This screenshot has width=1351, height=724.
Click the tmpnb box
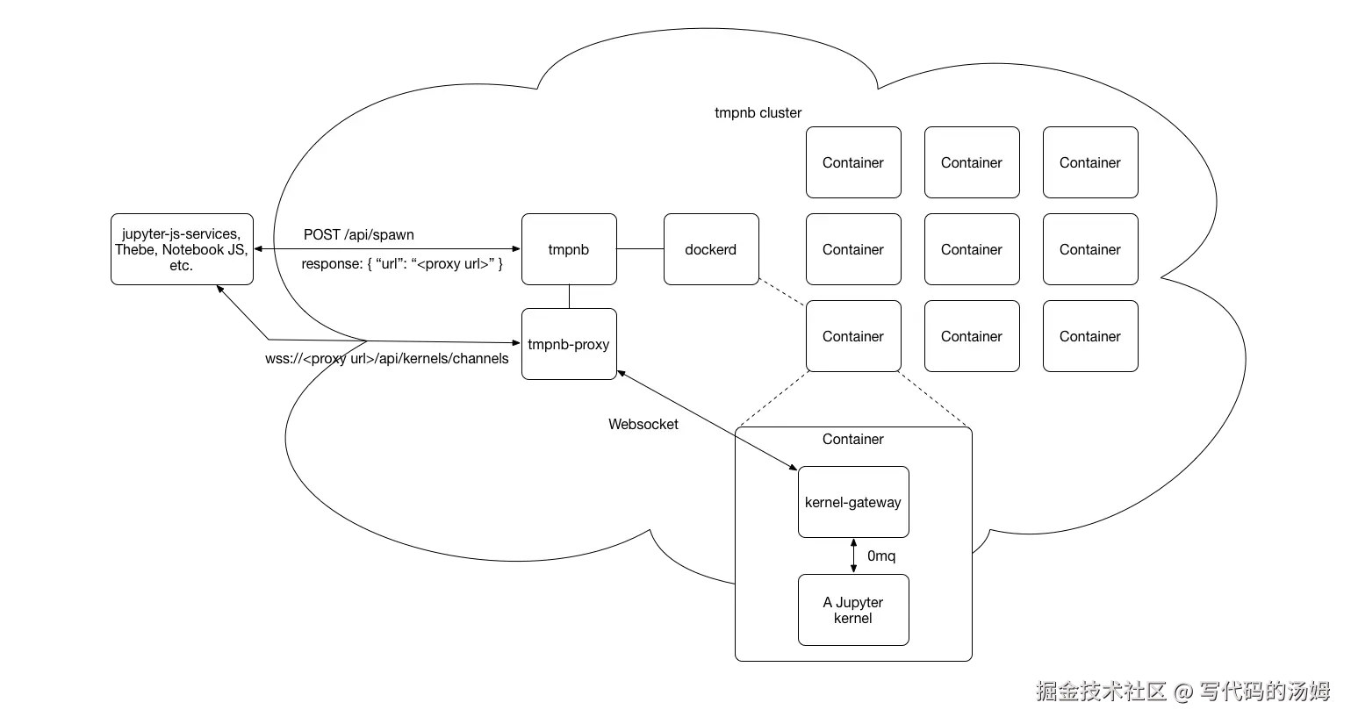(x=569, y=249)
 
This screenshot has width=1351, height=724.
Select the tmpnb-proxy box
(x=569, y=344)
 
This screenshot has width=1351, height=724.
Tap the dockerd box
(x=710, y=249)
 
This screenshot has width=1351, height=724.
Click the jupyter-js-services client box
(x=182, y=249)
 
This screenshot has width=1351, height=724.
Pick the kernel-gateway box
(x=852, y=502)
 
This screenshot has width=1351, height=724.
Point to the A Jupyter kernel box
(x=852, y=610)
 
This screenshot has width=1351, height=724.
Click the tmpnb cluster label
(x=758, y=112)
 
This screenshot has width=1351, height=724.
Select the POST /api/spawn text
(x=358, y=234)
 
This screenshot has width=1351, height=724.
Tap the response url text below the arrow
(x=402, y=264)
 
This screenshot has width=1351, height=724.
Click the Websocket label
(x=643, y=424)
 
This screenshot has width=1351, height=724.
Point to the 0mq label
(x=881, y=556)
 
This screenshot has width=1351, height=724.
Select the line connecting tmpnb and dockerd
(x=640, y=249)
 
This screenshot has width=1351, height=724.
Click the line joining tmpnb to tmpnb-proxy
(x=569, y=297)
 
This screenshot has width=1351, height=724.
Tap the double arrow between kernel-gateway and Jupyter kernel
(x=853, y=556)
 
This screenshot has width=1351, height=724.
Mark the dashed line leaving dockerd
(x=782, y=293)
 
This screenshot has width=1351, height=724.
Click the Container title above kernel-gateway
(x=852, y=439)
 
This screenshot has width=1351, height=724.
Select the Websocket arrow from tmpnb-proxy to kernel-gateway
(x=708, y=419)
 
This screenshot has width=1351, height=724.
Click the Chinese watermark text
(x=1182, y=691)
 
